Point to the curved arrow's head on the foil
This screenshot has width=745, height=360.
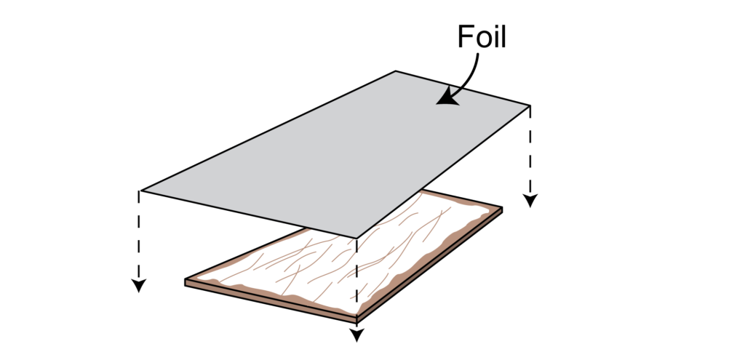[x=442, y=101]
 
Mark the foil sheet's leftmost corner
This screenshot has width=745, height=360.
[x=141, y=191]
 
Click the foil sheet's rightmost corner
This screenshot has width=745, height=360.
[x=530, y=106]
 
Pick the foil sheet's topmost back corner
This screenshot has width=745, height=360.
[x=396, y=71]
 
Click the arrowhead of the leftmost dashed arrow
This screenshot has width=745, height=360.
[x=138, y=286]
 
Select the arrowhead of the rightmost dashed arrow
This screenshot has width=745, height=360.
[x=530, y=201]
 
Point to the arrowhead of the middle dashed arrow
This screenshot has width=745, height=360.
[x=356, y=336]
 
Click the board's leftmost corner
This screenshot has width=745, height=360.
[x=186, y=281]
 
